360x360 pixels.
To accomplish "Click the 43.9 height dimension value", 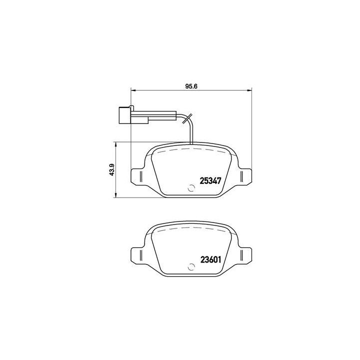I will pos(112,169).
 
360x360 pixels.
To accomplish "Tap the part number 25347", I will pos(210,180).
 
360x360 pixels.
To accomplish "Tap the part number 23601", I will pos(210,259).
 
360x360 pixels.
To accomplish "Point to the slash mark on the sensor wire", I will pos(187,118).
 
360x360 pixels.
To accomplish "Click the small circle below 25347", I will pos(190,188).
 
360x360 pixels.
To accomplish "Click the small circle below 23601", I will pos(190,267).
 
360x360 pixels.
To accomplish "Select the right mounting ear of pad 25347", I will pos(244,177).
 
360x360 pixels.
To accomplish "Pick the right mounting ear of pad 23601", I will pos(244,255).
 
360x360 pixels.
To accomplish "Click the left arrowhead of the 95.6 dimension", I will pos(133,90).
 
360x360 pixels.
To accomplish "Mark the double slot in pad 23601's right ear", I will pos(242,255).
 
